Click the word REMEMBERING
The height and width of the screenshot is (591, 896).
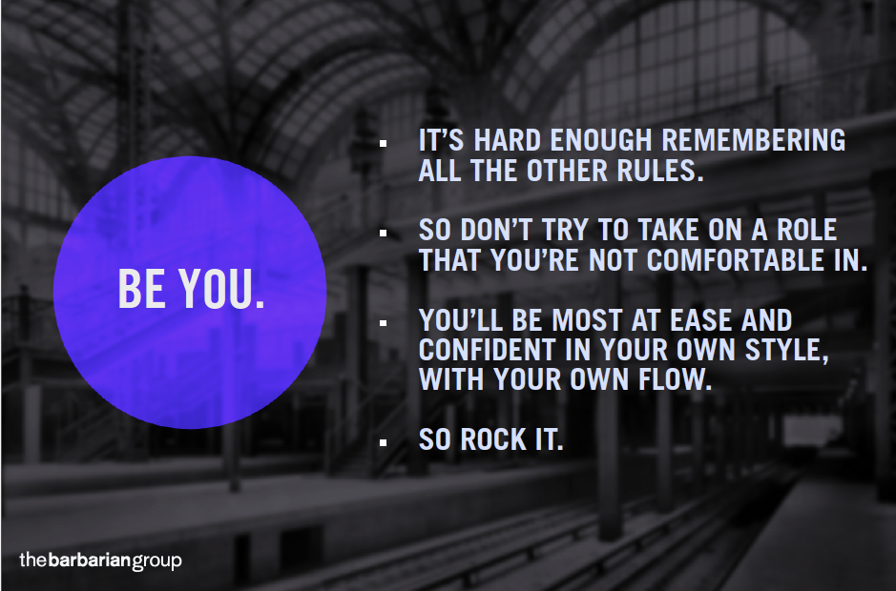pyautogui.click(x=753, y=140)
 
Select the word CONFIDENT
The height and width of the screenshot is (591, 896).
pyautogui.click(x=487, y=350)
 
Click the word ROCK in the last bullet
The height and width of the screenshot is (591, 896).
pyautogui.click(x=493, y=439)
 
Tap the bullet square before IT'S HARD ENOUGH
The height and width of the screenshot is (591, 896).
pyautogui.click(x=383, y=143)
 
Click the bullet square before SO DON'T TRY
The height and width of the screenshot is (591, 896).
pyautogui.click(x=383, y=233)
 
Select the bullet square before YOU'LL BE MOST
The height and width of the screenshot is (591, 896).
pyautogui.click(x=383, y=323)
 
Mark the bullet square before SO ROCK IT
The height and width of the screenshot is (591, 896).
pyautogui.click(x=383, y=442)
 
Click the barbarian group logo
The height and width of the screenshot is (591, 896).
pyautogui.click(x=100, y=560)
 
